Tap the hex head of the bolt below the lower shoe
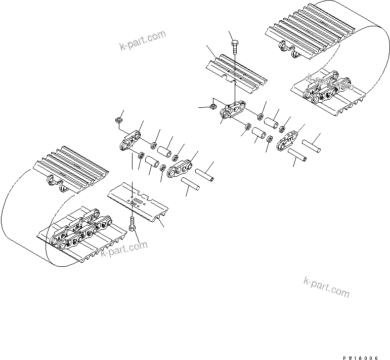click(x=132, y=228)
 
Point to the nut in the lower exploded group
click(x=118, y=120)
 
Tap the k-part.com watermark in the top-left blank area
click(x=143, y=41)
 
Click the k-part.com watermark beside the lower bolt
click(x=124, y=249)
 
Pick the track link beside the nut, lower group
click(x=131, y=140)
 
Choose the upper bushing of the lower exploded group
click(x=163, y=151)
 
